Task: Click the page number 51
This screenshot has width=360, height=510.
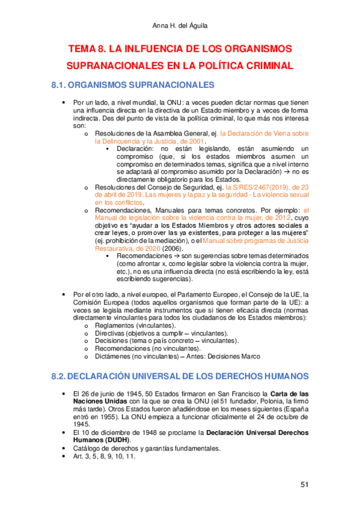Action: [304, 485]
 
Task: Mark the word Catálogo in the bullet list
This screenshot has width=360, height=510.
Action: [87, 447]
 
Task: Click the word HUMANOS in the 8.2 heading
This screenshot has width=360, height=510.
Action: [275, 376]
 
